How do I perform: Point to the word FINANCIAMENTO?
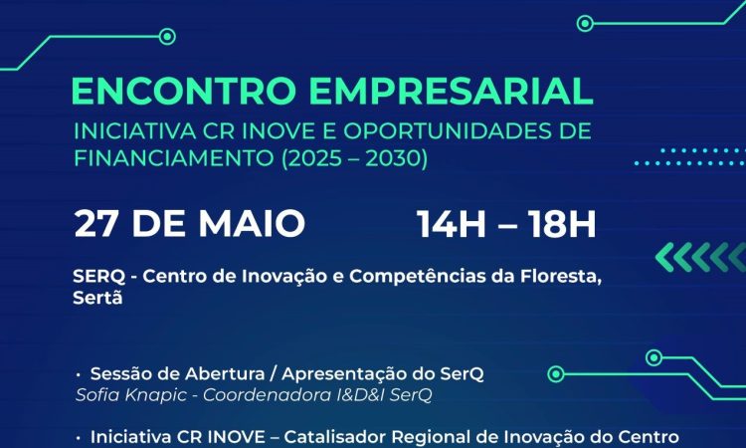pyautogui.click(x=174, y=158)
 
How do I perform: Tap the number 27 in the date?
pyautogui.click(x=95, y=223)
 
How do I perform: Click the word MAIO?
pyautogui.click(x=252, y=223)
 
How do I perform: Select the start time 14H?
pyautogui.click(x=451, y=223)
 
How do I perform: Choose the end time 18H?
pyautogui.click(x=561, y=223)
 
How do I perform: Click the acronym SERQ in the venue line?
pyautogui.click(x=98, y=276)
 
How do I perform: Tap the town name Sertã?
pyautogui.click(x=97, y=298)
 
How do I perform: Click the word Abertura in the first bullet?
pyautogui.click(x=225, y=374)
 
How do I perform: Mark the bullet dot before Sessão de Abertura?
pyautogui.click(x=78, y=375)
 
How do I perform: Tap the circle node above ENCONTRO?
pyautogui.click(x=167, y=37)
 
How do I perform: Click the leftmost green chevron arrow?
pyautogui.click(x=664, y=257)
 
